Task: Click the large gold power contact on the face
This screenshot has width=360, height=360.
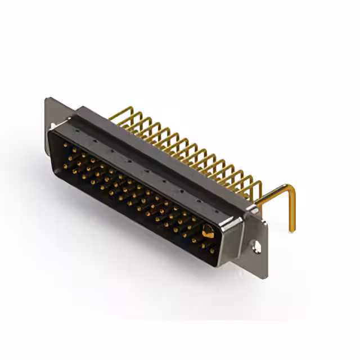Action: coord(208,231)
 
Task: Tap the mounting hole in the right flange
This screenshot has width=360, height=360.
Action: coord(257,246)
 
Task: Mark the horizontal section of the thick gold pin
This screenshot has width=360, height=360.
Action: coord(273,193)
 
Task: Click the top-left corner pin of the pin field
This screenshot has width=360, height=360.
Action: coord(65,145)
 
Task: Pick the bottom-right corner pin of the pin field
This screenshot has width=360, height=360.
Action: coord(212,251)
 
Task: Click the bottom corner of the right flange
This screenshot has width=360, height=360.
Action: coord(264,276)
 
